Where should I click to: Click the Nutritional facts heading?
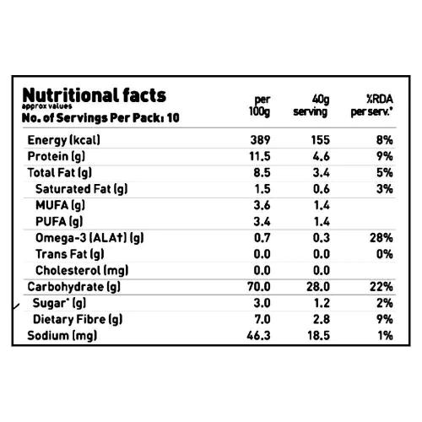pyautogui.click(x=94, y=95)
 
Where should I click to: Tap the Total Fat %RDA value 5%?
pyautogui.click(x=385, y=173)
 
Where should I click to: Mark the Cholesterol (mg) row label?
pyautogui.click(x=82, y=270)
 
